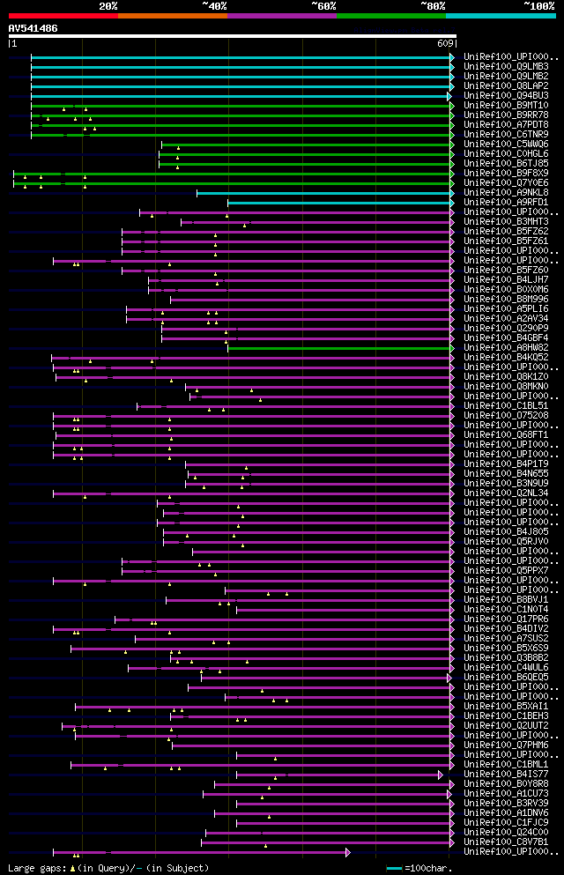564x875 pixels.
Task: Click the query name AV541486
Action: coord(33,28)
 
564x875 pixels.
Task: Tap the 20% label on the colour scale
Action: coord(108,5)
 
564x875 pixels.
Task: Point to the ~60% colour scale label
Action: coord(323,5)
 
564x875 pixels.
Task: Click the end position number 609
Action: coord(444,43)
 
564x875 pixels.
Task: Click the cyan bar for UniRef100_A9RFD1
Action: coord(339,203)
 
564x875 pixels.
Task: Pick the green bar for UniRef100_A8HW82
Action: coord(339,348)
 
